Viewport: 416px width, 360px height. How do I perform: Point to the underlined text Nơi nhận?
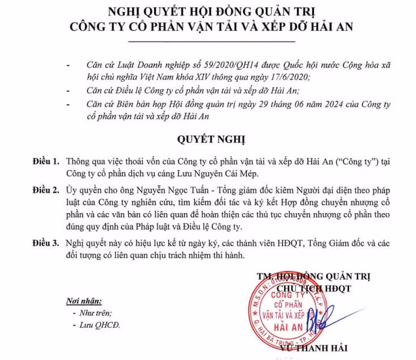[85, 300]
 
